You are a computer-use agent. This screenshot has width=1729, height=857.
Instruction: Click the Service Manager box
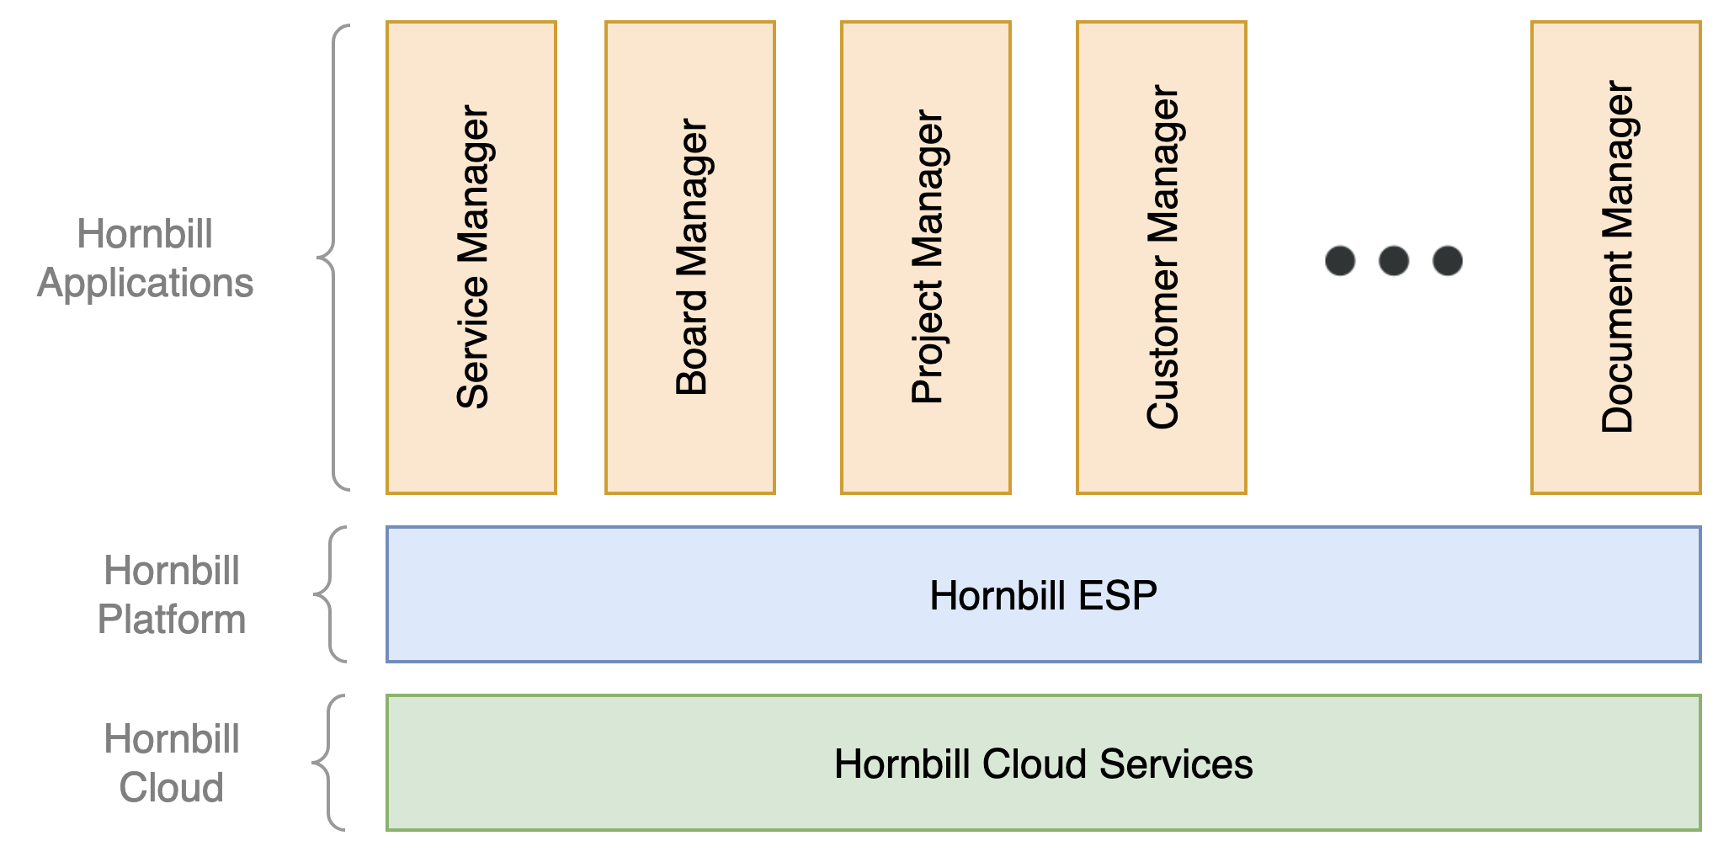[471, 257]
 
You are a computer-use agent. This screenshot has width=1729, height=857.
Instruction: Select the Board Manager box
[690, 257]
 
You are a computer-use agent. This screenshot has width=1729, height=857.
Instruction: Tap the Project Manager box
[926, 257]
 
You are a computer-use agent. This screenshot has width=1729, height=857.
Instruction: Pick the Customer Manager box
[1162, 257]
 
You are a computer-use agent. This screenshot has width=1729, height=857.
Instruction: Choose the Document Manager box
[1616, 257]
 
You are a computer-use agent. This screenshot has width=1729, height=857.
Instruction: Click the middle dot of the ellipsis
[1394, 261]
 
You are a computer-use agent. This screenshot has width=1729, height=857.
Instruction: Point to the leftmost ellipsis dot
[1340, 261]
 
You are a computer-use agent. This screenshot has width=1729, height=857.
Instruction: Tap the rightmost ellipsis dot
[1448, 261]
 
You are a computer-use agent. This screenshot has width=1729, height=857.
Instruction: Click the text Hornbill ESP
[1043, 595]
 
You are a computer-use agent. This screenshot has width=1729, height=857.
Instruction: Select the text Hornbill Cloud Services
[1043, 764]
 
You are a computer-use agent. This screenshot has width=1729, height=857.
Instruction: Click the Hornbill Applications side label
[145, 258]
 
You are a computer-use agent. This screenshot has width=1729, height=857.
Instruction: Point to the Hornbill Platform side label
[172, 595]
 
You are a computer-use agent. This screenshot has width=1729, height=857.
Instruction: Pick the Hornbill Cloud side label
[172, 764]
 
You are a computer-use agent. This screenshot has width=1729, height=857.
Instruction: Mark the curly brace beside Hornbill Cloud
[328, 763]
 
